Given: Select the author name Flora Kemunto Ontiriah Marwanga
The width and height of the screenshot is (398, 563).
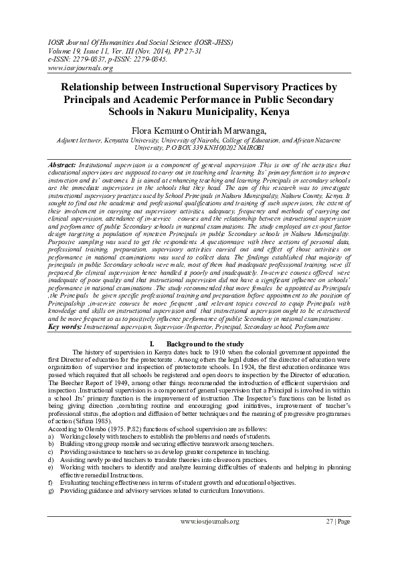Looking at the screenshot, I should pyautogui.click(x=199, y=129).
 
